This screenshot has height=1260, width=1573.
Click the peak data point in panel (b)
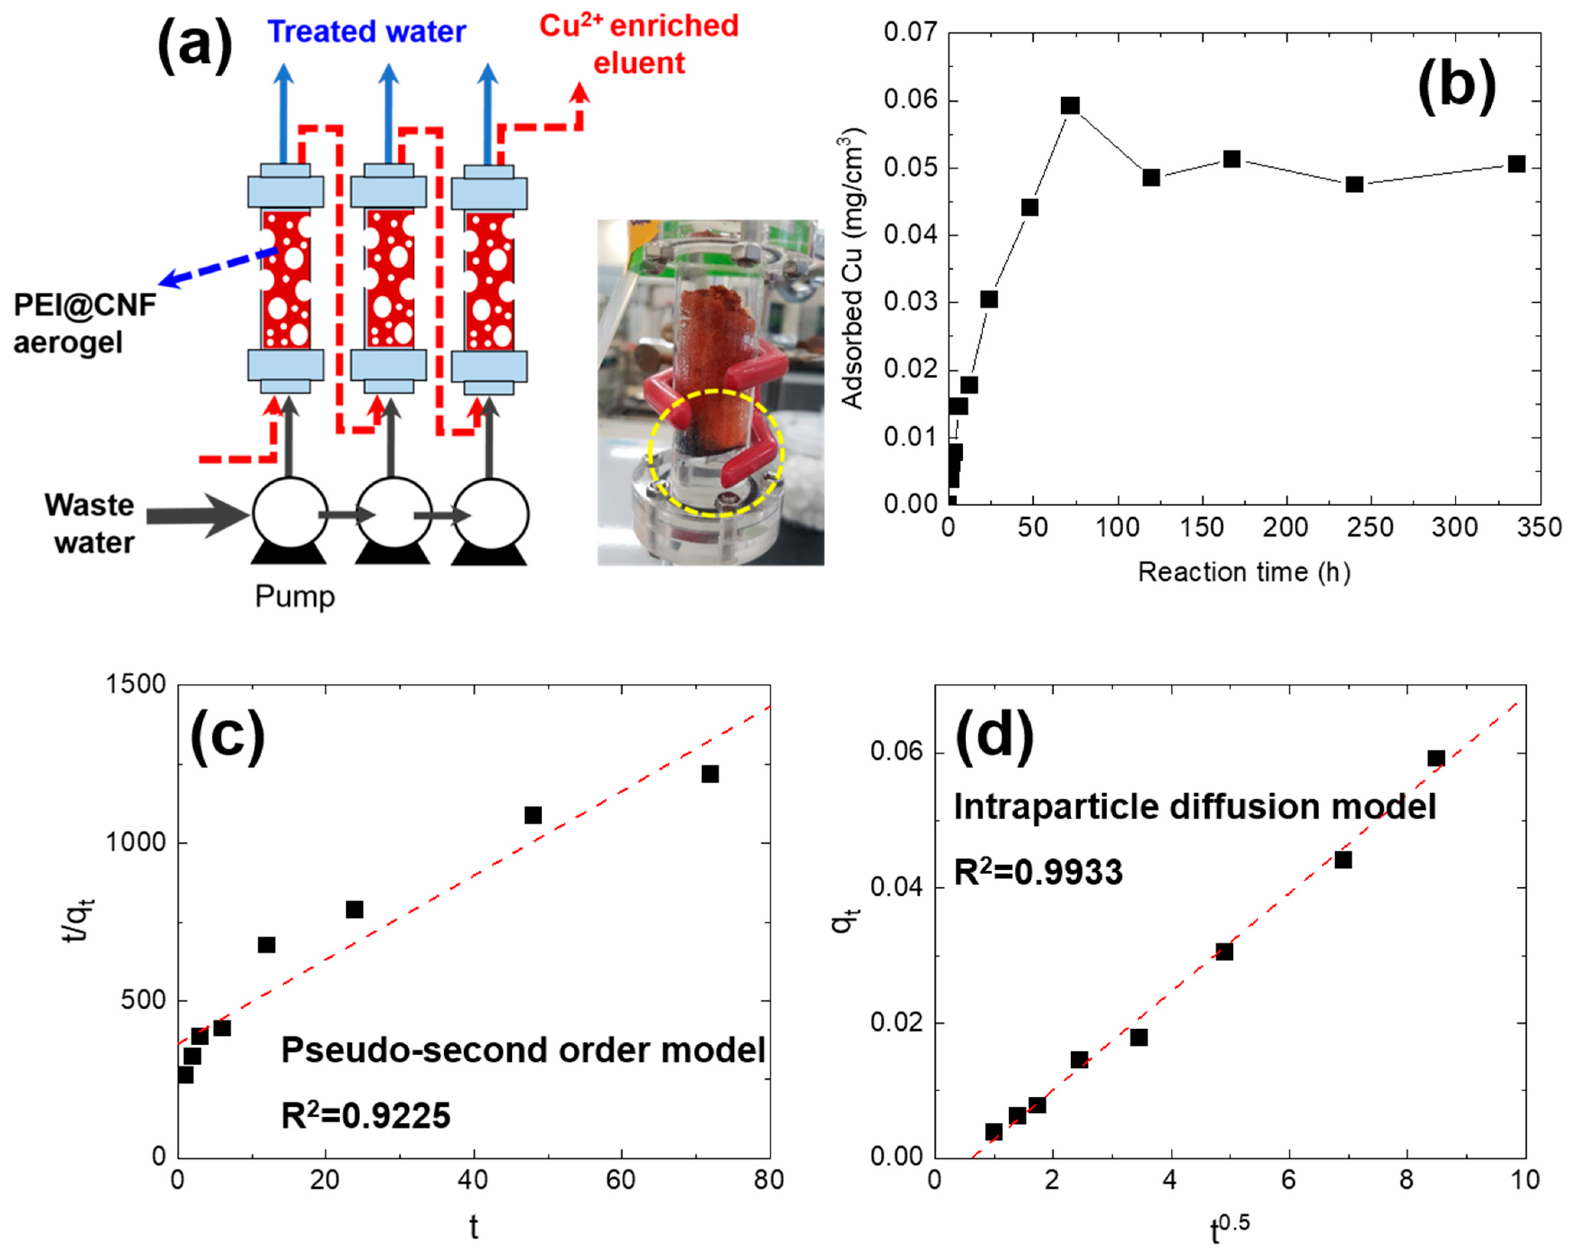coord(1070,106)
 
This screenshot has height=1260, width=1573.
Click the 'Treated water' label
coord(366,32)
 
